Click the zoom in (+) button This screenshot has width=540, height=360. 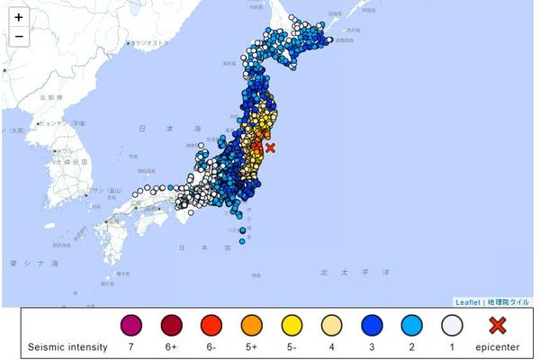point(19,17)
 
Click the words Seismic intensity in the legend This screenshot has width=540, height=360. point(67,346)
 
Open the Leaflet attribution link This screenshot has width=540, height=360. point(467,302)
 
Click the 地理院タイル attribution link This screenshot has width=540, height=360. point(508,302)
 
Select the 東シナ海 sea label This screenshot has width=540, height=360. point(32,263)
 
